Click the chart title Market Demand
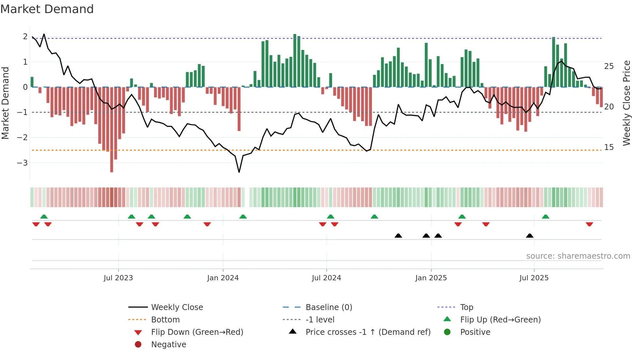click(47, 9)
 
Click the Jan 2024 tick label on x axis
click(223, 278)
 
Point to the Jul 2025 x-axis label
click(534, 278)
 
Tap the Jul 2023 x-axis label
click(118, 278)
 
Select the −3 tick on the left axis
click(22, 163)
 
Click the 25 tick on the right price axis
click(609, 66)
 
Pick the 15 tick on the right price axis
click(609, 147)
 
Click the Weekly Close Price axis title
click(626, 103)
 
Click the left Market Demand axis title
click(5, 103)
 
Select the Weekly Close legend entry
click(177, 307)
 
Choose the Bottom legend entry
click(165, 320)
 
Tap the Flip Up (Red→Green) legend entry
click(500, 320)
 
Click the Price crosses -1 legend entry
click(368, 332)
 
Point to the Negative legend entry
click(168, 345)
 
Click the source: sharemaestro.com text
click(578, 256)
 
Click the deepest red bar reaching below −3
click(112, 131)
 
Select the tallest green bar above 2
click(295, 60)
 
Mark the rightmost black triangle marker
click(530, 236)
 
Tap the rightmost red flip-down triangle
click(589, 224)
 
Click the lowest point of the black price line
click(239, 172)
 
